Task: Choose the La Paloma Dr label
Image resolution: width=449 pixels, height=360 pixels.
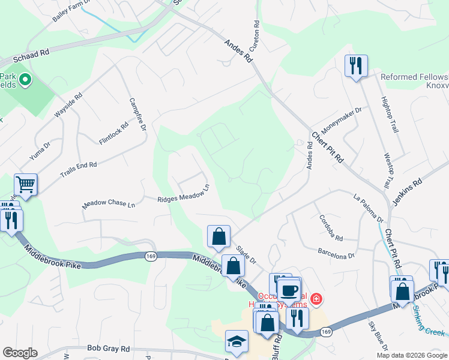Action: pyautogui.click(x=368, y=206)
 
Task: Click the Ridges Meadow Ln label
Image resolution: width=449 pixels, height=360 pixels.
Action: pyautogui.click(x=183, y=195)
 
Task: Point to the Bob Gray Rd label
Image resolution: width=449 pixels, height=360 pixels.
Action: pyautogui.click(x=109, y=348)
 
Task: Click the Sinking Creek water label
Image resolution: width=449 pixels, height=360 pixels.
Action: pyautogui.click(x=429, y=323)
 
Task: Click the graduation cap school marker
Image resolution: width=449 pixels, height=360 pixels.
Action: pyautogui.click(x=237, y=341)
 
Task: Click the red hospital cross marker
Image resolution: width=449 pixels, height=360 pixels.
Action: pyautogui.click(x=316, y=299)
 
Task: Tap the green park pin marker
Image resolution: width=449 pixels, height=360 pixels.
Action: pyautogui.click(x=25, y=79)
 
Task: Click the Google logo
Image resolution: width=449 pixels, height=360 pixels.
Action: pyautogui.click(x=20, y=353)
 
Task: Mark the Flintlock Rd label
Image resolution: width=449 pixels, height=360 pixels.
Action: pyautogui.click(x=113, y=134)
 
